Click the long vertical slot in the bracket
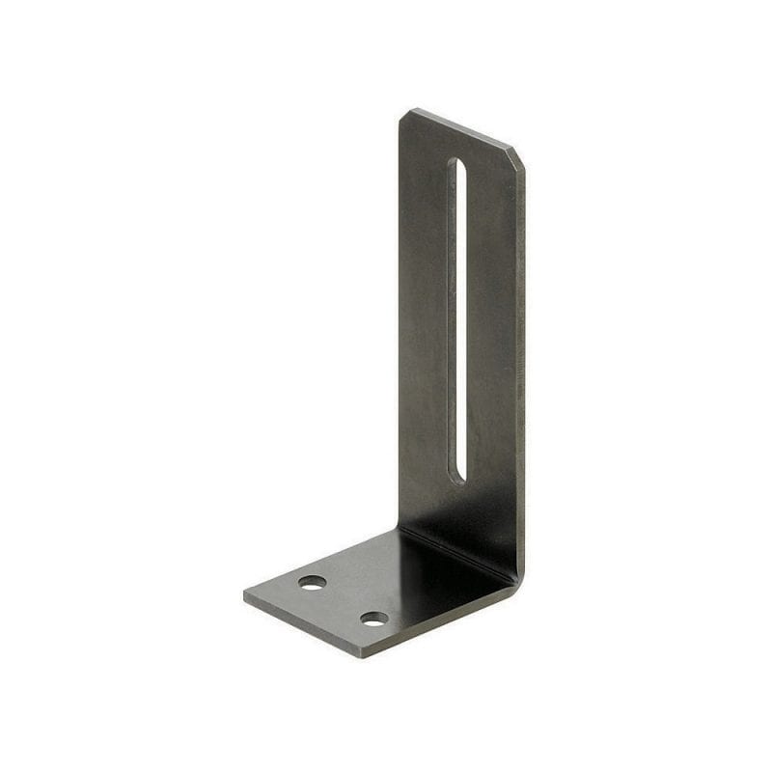(x=457, y=318)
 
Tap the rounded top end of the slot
(x=457, y=165)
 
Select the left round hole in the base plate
(x=312, y=582)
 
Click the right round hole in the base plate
(x=374, y=619)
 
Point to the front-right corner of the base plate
(x=363, y=655)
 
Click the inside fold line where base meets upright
(x=454, y=554)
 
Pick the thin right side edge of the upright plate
(x=522, y=367)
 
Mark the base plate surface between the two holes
(x=344, y=600)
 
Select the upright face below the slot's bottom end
(x=461, y=516)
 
